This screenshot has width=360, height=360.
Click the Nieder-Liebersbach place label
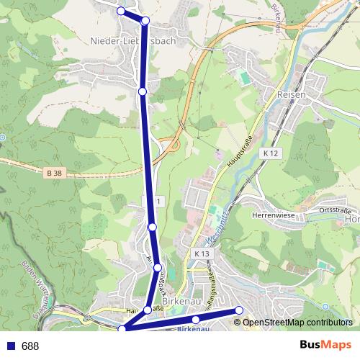133,41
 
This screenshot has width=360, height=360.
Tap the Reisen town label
292,94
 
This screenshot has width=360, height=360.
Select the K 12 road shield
270,153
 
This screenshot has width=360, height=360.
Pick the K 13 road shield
201,254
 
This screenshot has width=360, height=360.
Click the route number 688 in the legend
30,346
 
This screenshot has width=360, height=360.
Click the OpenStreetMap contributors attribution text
297,323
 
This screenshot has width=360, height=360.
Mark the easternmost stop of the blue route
240,310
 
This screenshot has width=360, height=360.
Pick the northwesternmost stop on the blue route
121,11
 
